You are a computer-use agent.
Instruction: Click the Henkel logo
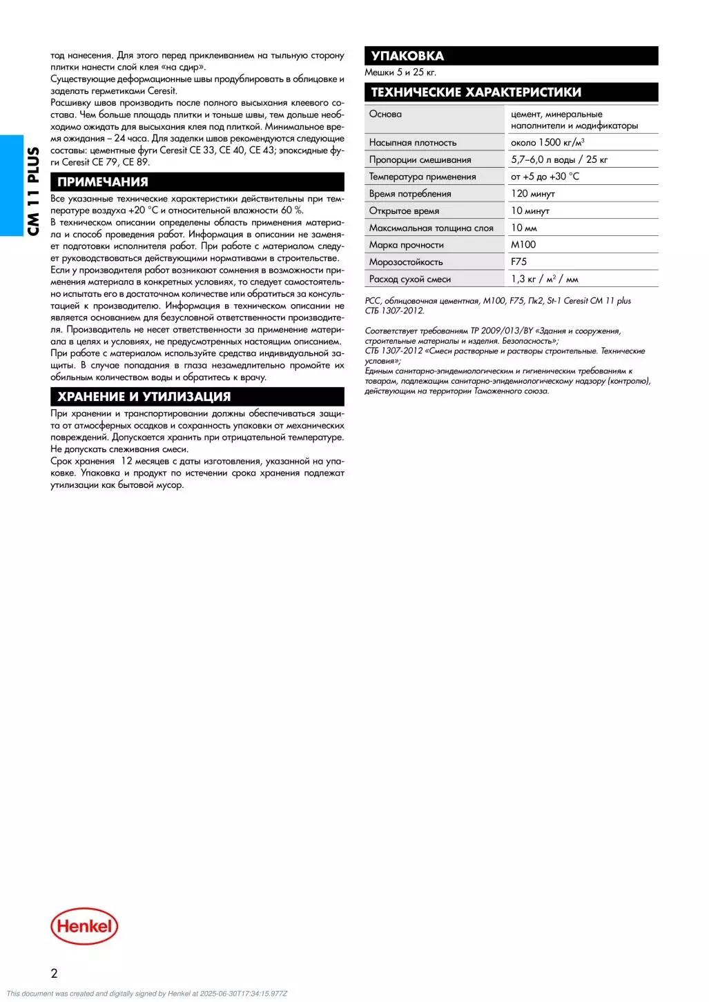[84, 925]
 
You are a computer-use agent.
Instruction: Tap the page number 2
[55, 974]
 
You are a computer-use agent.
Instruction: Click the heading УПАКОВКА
[407, 56]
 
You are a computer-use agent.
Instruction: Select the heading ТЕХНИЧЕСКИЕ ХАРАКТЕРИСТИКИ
[476, 92]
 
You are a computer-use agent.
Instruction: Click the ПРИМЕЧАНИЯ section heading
[102, 182]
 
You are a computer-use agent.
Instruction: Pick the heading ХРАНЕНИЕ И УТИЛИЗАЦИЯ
[144, 397]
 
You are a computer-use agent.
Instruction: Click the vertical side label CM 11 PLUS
[32, 191]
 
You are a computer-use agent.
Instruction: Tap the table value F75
[518, 262]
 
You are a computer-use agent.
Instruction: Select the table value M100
[523, 244]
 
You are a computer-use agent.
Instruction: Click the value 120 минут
[532, 193]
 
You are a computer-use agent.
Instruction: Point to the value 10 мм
[523, 228]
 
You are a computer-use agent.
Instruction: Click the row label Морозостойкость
[406, 262]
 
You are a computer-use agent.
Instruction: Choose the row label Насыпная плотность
[412, 142]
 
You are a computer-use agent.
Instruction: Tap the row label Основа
[385, 114]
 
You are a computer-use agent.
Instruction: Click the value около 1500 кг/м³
[547, 142]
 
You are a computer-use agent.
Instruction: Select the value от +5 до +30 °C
[545, 177]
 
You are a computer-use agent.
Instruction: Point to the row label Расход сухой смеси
[409, 279]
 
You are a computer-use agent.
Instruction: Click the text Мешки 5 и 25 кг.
[400, 72]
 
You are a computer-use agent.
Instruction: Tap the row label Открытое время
[404, 211]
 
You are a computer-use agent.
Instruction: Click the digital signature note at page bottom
[146, 994]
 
